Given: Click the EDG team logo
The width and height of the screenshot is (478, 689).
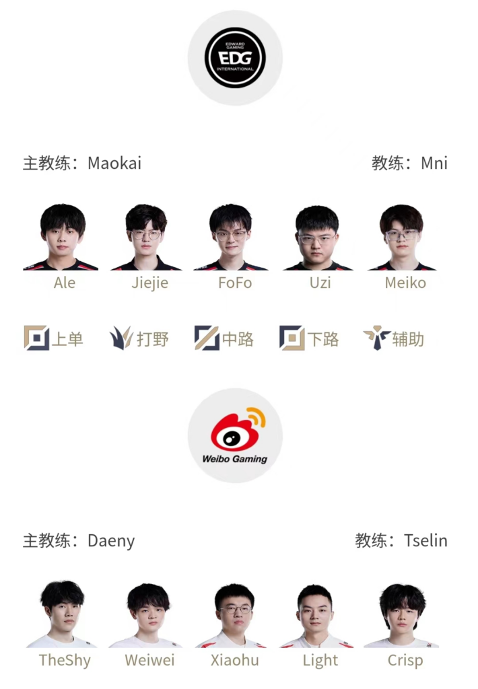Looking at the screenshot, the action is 235,58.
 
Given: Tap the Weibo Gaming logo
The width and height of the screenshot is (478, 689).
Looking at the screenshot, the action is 235,436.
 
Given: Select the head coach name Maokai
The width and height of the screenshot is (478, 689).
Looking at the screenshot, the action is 114,163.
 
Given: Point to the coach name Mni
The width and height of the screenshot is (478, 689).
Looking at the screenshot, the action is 434,163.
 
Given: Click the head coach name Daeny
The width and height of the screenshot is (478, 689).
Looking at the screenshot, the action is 111,541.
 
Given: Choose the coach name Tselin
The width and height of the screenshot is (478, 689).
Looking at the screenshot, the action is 425,540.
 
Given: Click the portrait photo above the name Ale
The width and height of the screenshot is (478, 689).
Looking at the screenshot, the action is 61,237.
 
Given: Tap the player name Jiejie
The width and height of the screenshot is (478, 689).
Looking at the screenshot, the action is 150,283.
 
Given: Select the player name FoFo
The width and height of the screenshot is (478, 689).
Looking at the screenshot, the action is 235,283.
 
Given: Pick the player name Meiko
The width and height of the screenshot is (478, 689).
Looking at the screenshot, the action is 405,283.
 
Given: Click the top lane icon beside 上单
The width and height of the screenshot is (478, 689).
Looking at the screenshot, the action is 36,338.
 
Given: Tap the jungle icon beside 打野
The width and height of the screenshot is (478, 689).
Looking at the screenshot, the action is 121,338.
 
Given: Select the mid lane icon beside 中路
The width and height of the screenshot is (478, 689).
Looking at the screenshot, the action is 207,338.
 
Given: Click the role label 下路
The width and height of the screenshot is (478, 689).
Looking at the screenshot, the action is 323,339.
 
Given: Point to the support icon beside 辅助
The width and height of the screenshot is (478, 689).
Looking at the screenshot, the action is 377,338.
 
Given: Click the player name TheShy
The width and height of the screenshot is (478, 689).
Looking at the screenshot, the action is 65,661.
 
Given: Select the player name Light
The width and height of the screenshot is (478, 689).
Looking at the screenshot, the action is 320,661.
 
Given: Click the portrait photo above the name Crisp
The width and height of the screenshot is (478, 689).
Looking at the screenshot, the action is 402,616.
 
